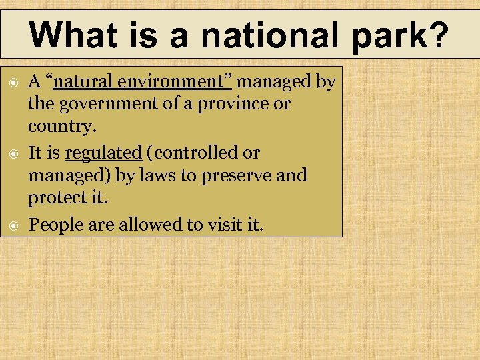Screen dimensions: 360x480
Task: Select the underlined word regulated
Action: tap(103, 153)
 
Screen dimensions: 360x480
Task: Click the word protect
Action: tap(59, 199)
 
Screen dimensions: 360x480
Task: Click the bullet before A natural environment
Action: tap(12, 83)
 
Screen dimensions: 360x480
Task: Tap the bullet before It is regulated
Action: tap(12, 153)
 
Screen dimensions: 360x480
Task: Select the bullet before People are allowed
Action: tap(12, 225)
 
